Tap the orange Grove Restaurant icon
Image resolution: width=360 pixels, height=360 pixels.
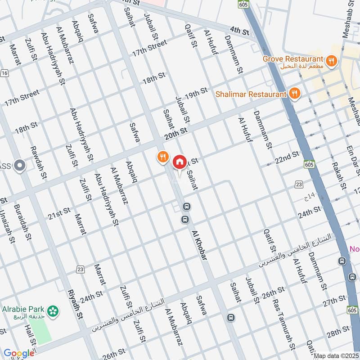tap(331, 61)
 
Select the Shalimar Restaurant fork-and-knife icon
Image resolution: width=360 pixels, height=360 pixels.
tap(295, 93)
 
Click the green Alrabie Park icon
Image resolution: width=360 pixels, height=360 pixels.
tap(54, 310)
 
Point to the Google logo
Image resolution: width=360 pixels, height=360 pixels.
tap(19, 353)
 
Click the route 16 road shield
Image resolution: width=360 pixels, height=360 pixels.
tap(4, 73)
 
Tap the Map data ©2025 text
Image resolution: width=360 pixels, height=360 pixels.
tap(336, 356)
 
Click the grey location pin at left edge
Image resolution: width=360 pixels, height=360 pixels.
tap(19, 166)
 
